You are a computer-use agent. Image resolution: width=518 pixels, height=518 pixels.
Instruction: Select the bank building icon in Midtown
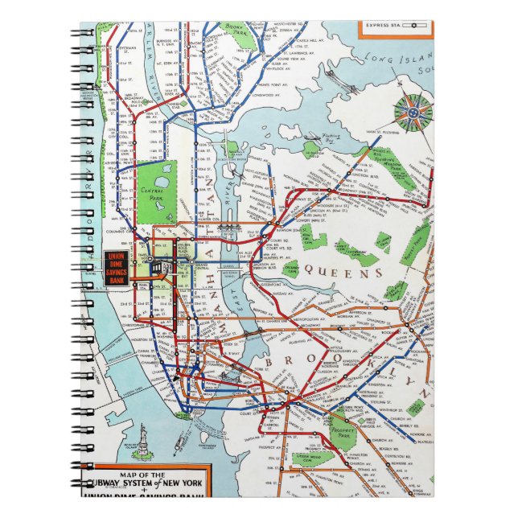click(166, 268)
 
